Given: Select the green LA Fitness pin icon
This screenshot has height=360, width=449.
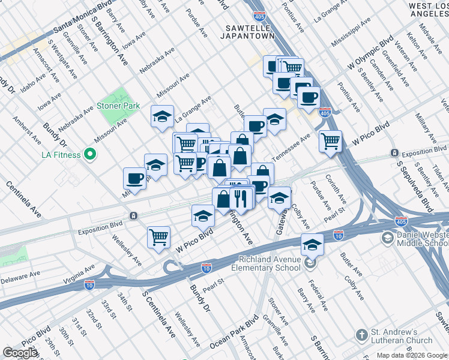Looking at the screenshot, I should click(91, 155).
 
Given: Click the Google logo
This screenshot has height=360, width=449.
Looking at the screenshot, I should click(20, 353).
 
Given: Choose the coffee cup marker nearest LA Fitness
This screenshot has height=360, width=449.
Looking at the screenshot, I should click(134, 178).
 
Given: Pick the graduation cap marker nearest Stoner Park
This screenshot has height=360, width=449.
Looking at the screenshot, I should click(162, 116).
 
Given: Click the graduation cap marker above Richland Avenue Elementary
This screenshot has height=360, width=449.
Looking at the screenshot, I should click(312, 244).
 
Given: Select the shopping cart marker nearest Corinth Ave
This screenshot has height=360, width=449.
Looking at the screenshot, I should click(330, 142).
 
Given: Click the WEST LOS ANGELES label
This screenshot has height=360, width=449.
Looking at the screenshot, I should click(427, 10).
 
